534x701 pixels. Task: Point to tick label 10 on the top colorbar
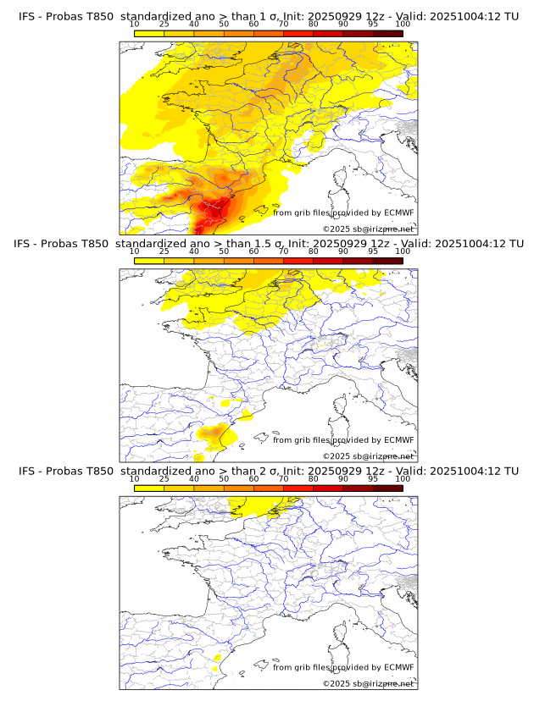point(135,25)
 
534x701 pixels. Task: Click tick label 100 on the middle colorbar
point(403,251)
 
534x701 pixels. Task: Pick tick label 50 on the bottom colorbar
point(224,478)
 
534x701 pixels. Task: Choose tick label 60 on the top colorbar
point(253,25)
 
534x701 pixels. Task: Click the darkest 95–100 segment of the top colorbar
point(387,33)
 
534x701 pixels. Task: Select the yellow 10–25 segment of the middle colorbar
point(149,260)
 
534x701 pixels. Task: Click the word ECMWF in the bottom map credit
point(398,667)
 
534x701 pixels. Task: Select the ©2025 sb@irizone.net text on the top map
point(368,229)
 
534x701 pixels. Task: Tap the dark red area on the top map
point(203,222)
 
